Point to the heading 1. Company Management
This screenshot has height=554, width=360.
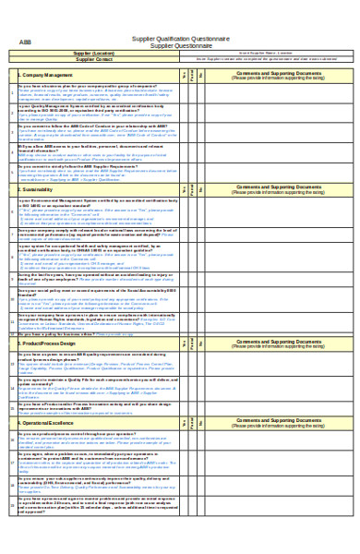tap(46, 75)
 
